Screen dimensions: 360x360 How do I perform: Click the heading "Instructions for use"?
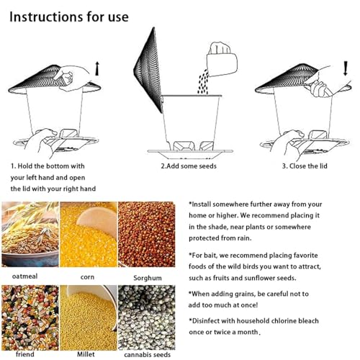tap(69, 17)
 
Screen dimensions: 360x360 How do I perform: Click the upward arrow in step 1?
tap(97, 68)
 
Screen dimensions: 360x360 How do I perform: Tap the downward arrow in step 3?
tap(346, 68)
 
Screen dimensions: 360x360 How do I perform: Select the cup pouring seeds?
tap(222, 60)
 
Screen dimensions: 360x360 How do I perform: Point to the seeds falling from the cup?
tap(203, 82)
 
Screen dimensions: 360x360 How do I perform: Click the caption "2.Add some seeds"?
tap(189, 166)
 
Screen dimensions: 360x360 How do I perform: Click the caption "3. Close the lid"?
tap(305, 166)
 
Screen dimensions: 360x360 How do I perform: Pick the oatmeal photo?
tap(30, 234)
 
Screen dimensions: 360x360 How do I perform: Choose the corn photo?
tap(88, 234)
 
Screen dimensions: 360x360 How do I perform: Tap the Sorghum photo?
tap(147, 234)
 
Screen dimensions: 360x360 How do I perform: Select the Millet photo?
tap(88, 318)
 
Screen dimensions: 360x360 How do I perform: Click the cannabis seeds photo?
tap(147, 318)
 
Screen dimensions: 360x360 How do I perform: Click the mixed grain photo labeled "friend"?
tap(30, 318)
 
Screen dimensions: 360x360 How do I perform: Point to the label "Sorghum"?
tap(148, 278)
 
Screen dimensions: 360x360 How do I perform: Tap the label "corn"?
tap(87, 277)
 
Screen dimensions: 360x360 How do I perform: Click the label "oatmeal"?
tap(24, 276)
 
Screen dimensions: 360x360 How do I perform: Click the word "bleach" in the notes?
tap(308, 321)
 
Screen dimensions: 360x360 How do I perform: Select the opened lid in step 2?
tap(148, 70)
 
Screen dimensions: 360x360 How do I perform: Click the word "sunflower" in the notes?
tap(259, 278)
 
